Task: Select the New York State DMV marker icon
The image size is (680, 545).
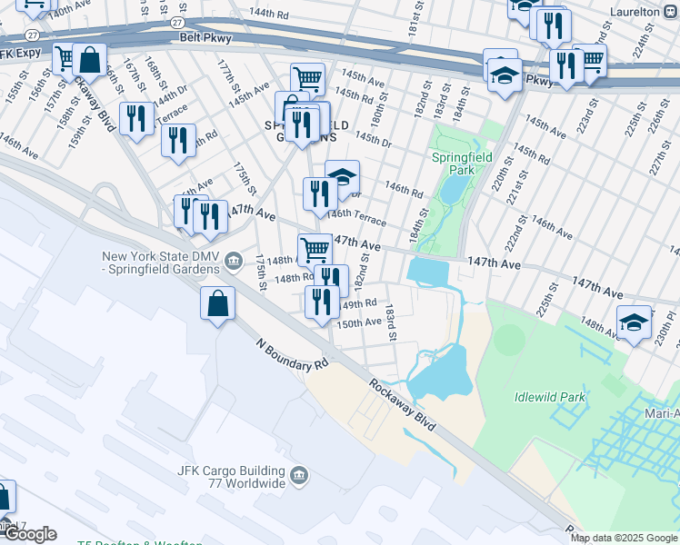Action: (x=234, y=262)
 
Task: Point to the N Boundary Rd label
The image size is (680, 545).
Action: (x=292, y=354)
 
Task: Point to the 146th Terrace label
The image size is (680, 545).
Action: (x=356, y=217)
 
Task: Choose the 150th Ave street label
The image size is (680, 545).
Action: (x=360, y=322)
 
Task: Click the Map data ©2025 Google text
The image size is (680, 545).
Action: (x=625, y=538)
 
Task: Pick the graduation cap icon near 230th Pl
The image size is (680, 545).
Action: (x=634, y=321)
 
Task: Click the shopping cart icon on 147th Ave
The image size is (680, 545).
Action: (x=315, y=248)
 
